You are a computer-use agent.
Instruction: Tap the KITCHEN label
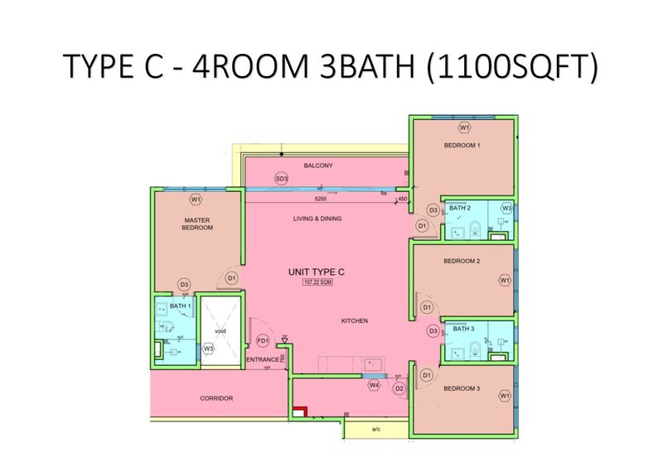353,320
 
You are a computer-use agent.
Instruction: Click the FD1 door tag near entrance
264,340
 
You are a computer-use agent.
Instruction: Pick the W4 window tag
375,385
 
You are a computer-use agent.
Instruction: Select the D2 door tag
399,387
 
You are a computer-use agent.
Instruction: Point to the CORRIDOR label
216,398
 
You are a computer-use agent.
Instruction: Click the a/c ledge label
375,430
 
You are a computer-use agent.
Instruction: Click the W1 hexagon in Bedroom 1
464,127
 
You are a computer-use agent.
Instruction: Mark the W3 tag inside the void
209,349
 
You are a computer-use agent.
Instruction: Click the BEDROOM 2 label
462,262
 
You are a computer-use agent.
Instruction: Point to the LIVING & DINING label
317,219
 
